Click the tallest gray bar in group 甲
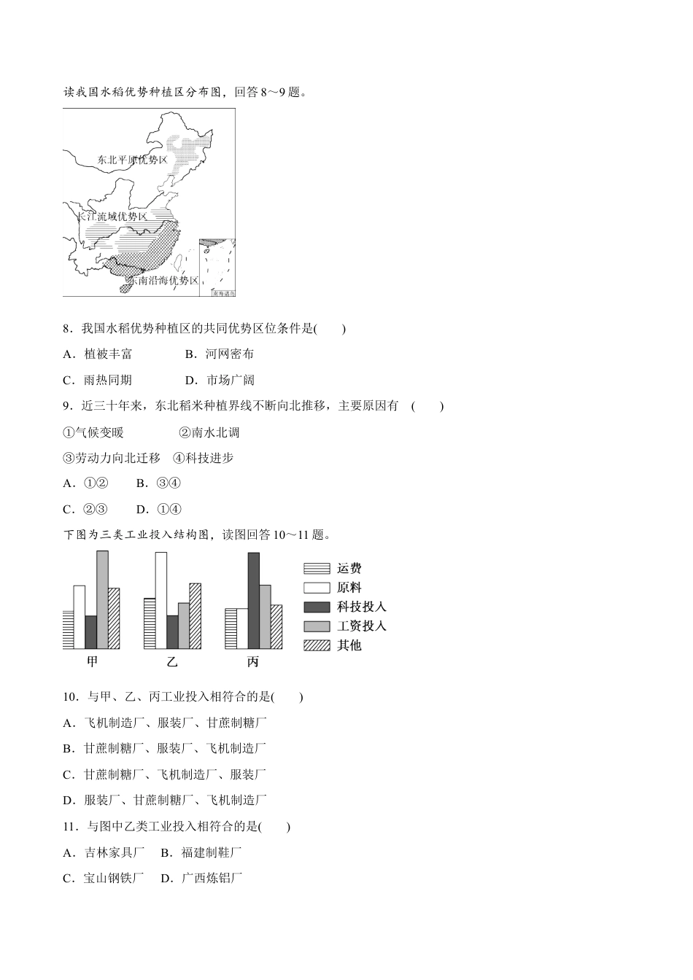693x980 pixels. point(102,599)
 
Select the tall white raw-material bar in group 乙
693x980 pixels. point(160,600)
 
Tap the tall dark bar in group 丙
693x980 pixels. point(253,600)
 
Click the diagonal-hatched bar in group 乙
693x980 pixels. point(195,616)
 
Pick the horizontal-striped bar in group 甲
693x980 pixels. point(68,629)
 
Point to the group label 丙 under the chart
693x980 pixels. point(253,662)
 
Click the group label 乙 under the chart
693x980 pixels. point(172,662)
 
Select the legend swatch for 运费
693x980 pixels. point(317,569)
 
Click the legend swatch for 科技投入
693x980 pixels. point(317,607)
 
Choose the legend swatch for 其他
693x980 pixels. point(317,645)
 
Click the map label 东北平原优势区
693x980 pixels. point(132,160)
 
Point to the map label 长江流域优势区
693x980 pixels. point(112,217)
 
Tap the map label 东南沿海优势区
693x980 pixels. point(163,281)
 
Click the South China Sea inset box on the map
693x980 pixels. point(217,266)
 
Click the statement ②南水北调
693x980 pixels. point(209,432)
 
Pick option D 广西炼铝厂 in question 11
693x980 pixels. point(211,878)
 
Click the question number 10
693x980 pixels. point(71,697)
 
